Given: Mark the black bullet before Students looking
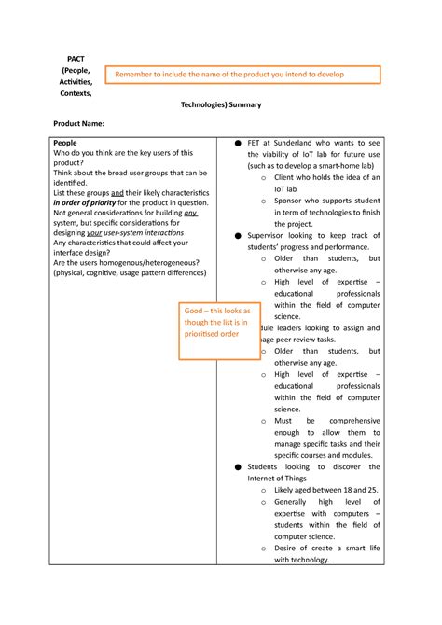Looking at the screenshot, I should point(238,466).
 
